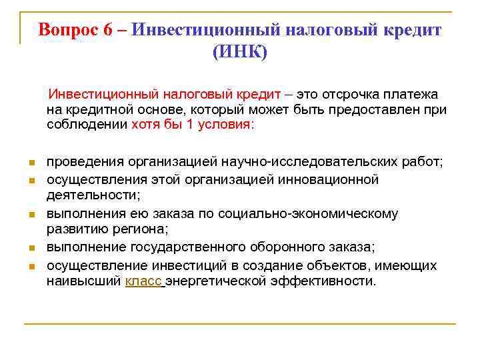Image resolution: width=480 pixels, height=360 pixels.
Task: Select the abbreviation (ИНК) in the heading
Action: coord(239,52)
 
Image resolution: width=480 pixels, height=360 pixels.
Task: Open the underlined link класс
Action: coord(143,281)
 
